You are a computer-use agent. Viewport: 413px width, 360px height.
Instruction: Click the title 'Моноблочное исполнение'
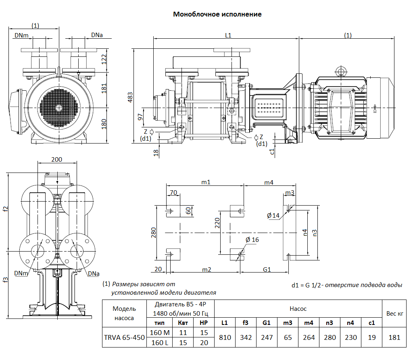[217, 15]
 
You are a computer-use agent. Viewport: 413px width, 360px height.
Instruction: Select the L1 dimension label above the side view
[228, 35]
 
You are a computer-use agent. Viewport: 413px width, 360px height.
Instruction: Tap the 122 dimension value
[104, 59]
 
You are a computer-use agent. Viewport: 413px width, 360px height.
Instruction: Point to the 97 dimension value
[140, 117]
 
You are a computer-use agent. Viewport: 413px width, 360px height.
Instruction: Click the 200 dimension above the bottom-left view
[57, 160]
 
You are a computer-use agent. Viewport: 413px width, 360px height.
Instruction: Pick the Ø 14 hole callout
[273, 216]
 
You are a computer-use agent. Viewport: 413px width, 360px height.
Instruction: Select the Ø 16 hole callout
[252, 240]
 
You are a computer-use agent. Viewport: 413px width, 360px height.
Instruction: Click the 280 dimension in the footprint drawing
[153, 233]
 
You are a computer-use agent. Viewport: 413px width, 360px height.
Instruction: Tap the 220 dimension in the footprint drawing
[217, 223]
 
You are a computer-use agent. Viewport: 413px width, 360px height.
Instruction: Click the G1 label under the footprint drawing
[267, 270]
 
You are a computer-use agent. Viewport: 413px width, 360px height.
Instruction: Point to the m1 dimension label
[206, 183]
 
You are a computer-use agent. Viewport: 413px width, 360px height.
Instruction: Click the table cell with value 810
[225, 337]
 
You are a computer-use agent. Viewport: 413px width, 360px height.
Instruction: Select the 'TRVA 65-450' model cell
[124, 337]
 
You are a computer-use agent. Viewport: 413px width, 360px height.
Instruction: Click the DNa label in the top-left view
[97, 35]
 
